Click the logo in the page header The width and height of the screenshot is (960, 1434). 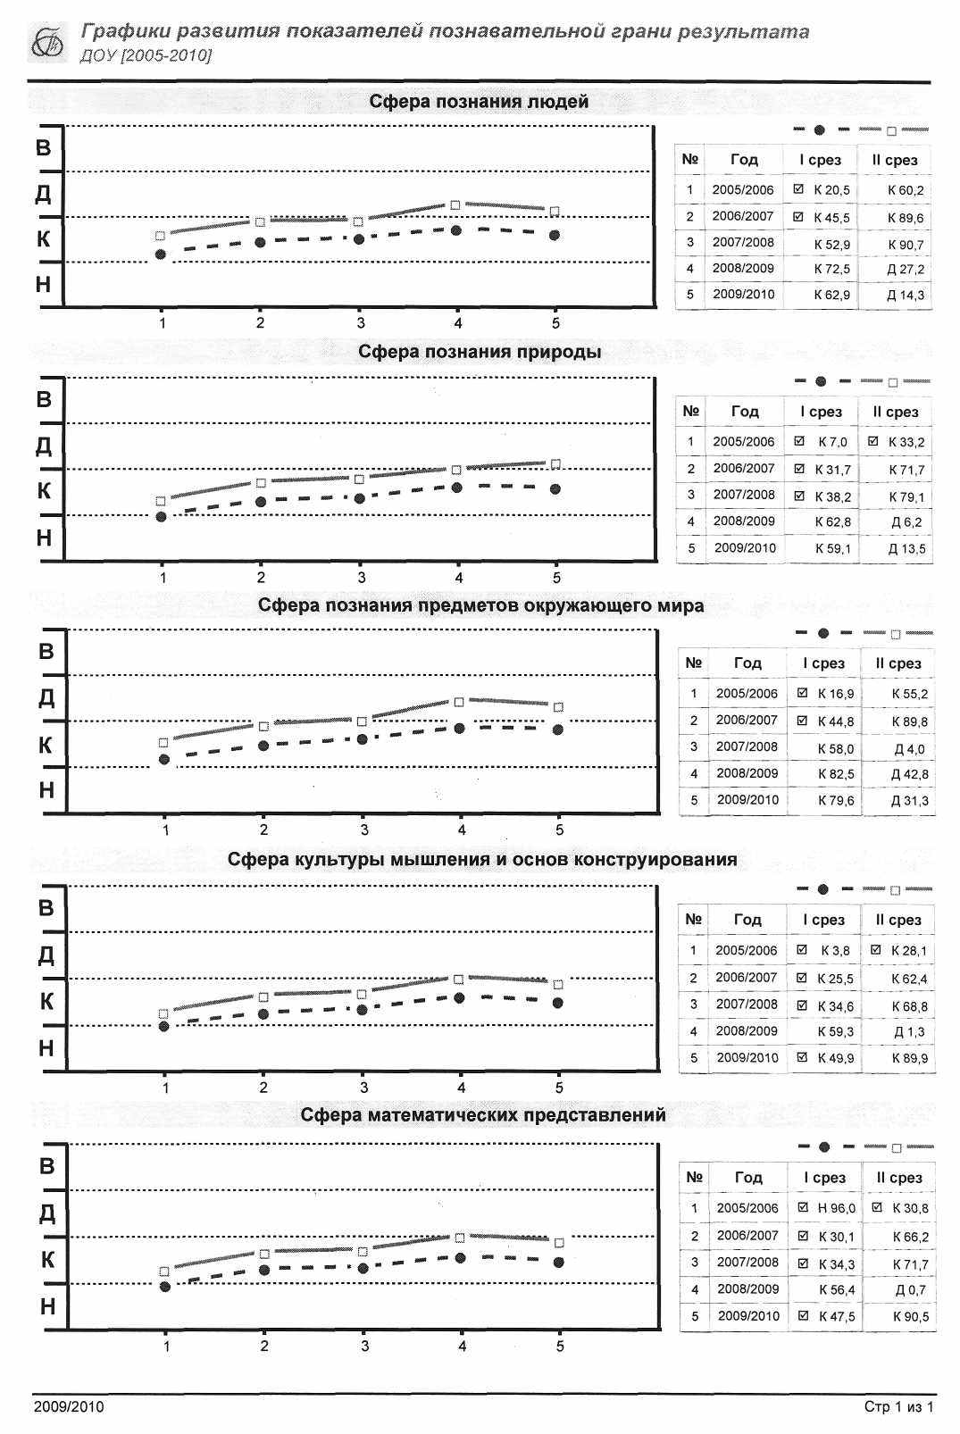[x=48, y=43]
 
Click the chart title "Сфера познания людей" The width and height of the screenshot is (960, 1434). [x=479, y=101]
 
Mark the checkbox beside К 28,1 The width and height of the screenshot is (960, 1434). [x=875, y=949]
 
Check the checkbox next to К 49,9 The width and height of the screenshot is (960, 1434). [x=802, y=1057]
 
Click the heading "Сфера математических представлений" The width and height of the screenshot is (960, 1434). [x=483, y=1114]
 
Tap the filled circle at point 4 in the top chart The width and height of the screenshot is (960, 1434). [x=456, y=230]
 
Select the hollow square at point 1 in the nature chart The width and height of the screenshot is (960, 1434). [x=161, y=501]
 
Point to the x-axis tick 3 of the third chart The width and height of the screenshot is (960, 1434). [x=363, y=830]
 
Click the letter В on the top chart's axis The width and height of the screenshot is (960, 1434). [x=43, y=148]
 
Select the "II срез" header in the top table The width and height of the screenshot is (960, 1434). [x=894, y=160]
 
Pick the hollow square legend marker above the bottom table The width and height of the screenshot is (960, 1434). [x=897, y=1148]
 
